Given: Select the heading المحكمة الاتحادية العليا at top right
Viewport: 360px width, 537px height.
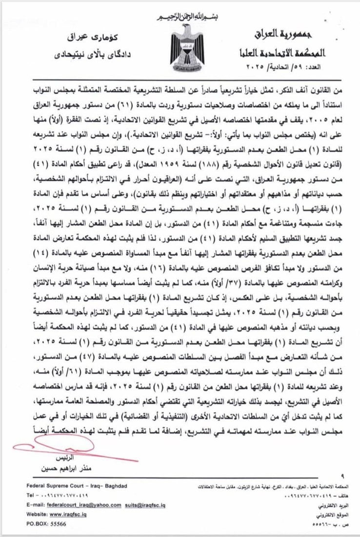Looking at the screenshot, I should pos(288,51).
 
